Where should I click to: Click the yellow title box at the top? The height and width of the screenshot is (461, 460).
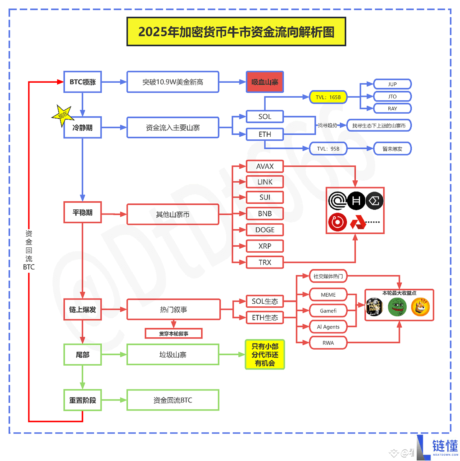coord(236,31)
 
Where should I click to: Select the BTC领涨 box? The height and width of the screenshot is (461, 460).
coord(82,82)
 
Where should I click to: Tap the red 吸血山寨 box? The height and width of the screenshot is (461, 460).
coord(265,82)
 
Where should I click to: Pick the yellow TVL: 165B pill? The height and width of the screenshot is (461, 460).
coord(328,97)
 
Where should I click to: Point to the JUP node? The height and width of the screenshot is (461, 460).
coord(392,84)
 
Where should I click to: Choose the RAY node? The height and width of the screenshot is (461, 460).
coord(392,109)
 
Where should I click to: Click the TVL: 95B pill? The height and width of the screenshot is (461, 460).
coord(328,149)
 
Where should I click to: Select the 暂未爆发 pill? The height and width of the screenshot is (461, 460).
coord(392,149)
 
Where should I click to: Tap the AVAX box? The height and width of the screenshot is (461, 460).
coord(265,167)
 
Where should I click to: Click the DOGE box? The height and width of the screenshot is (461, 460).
coord(265,230)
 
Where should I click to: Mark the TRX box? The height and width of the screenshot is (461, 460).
coord(265,262)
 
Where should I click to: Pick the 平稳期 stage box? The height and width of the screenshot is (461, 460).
coord(82,213)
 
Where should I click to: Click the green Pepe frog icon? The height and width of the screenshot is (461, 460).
coord(397,307)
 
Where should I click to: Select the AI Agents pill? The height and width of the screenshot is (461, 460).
coord(328,327)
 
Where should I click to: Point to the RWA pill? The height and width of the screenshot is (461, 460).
coord(328,343)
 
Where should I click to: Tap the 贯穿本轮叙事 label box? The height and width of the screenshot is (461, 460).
coord(174,333)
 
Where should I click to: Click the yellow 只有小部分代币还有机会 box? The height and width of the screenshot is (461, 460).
coord(265,355)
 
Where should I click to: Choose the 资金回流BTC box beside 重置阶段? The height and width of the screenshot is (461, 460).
coord(173,400)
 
